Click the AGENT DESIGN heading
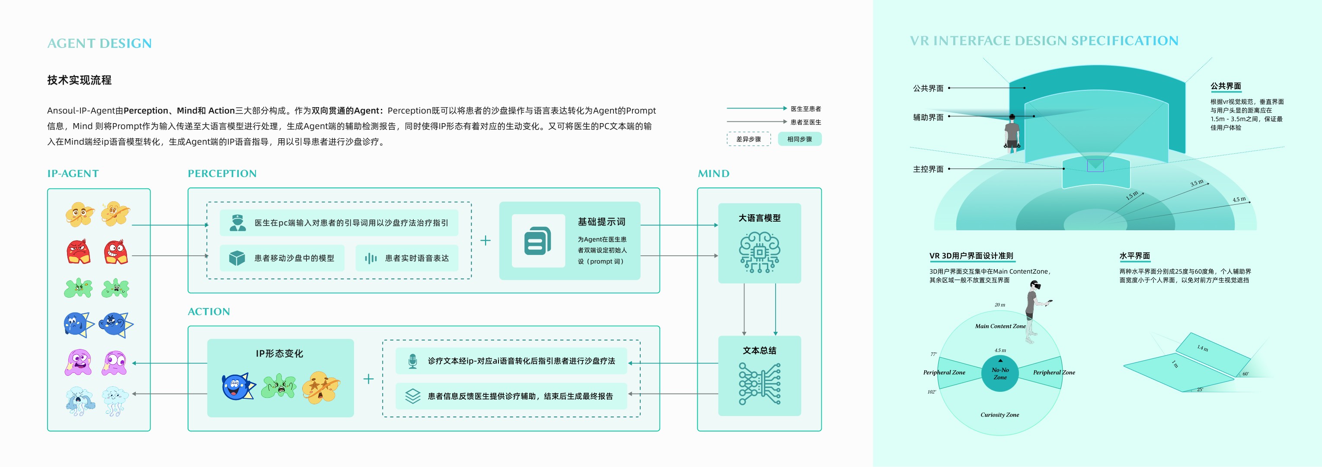pyautogui.click(x=99, y=44)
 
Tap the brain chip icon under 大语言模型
pyautogui.click(x=759, y=252)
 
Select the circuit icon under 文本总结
pyautogui.click(x=759, y=384)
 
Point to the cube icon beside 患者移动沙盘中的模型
pyautogui.click(x=236, y=258)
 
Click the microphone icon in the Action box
pyautogui.click(x=412, y=361)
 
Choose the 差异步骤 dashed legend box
pyautogui.click(x=748, y=139)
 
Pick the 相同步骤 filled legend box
pyautogui.click(x=799, y=139)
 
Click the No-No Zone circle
pyautogui.click(x=999, y=373)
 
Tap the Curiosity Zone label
pyautogui.click(x=999, y=415)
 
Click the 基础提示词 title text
pyautogui.click(x=601, y=222)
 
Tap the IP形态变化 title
pyautogui.click(x=279, y=354)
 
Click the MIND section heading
pyautogui.click(x=713, y=174)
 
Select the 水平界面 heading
pyautogui.click(x=1134, y=256)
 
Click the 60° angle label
pyautogui.click(x=1245, y=374)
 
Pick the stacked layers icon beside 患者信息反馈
pyautogui.click(x=412, y=396)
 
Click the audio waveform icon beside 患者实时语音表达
pyautogui.click(x=370, y=258)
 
